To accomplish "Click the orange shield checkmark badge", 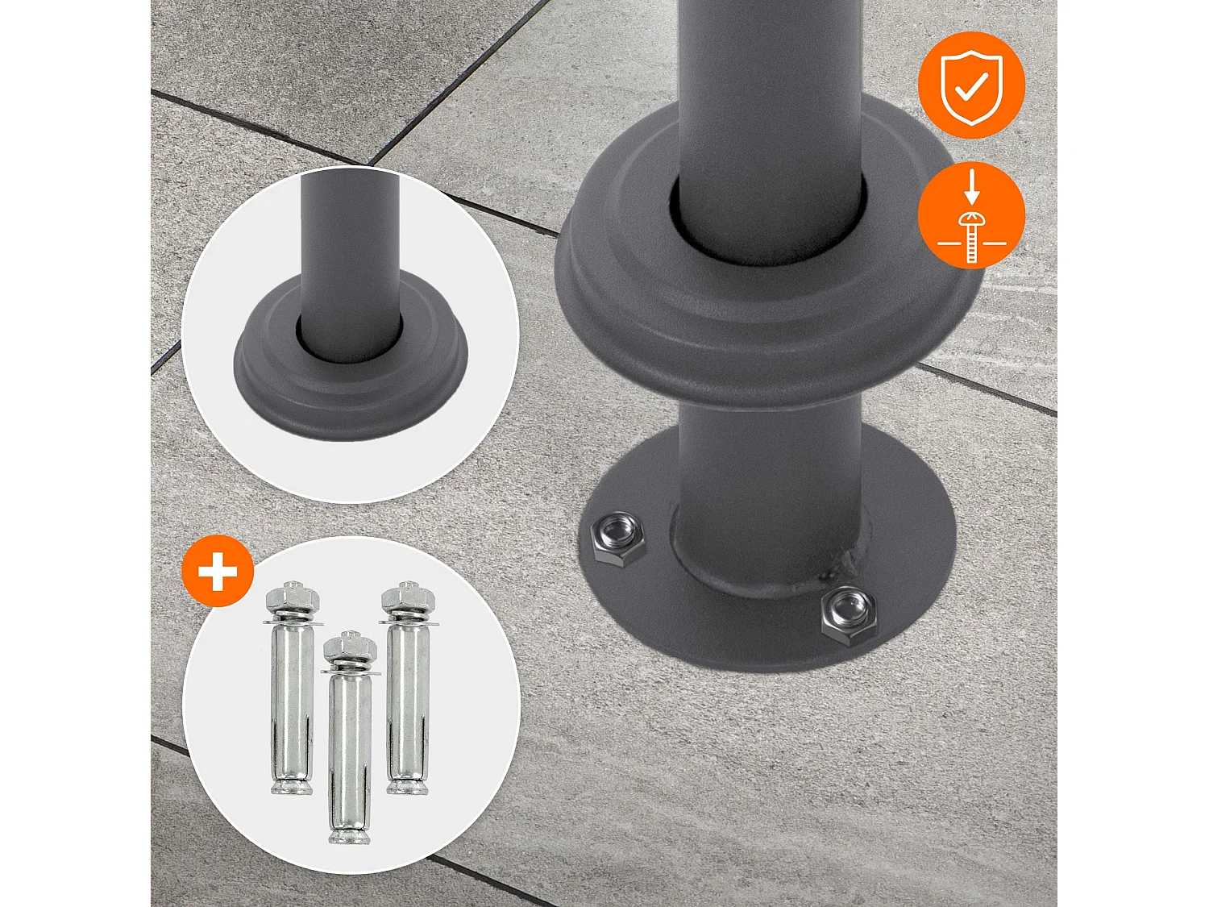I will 971,85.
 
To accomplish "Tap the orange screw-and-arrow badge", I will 971,215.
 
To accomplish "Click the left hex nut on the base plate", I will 618,539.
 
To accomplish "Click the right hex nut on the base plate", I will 849,615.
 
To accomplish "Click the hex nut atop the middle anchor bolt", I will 350,647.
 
